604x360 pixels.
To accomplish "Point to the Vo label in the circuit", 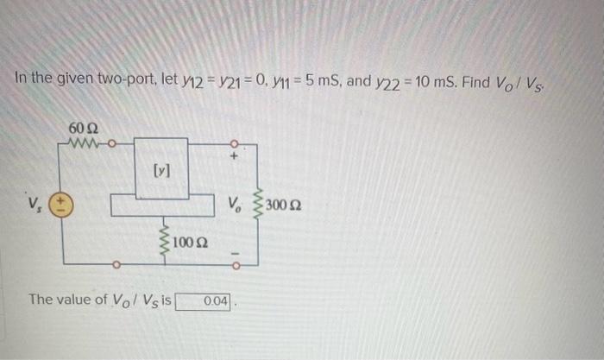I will (x=234, y=205).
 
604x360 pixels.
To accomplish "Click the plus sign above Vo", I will (x=233, y=157).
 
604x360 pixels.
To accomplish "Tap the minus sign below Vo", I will (x=233, y=253).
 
